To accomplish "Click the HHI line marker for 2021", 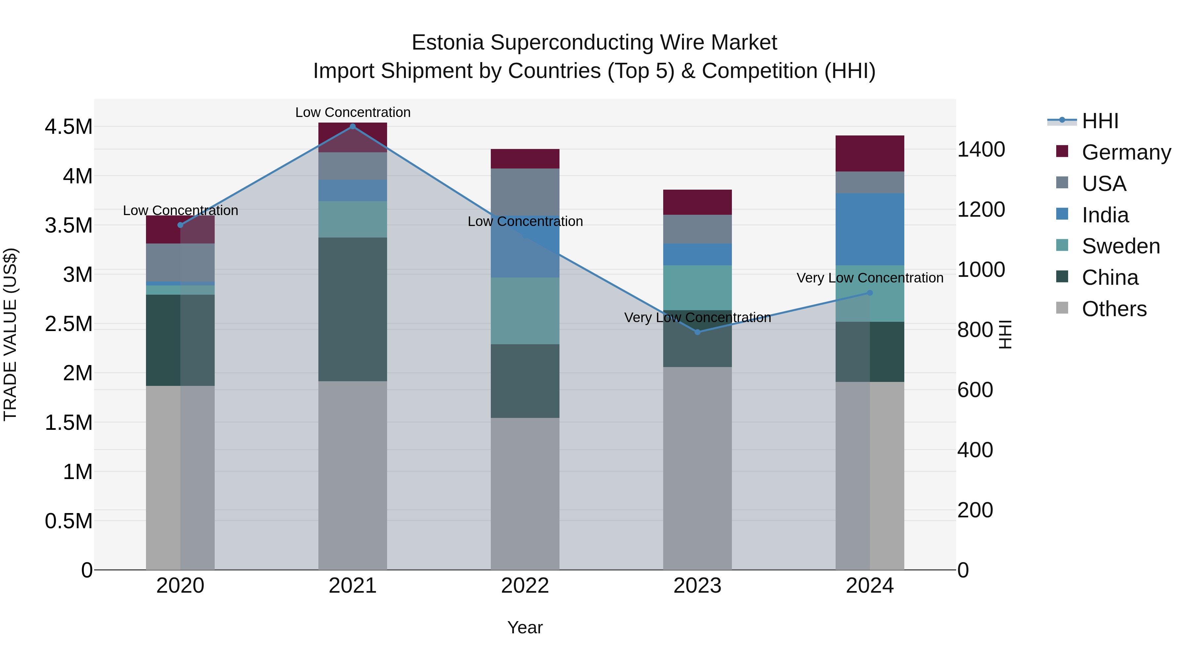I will tap(353, 127).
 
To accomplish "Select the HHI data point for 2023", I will tap(698, 332).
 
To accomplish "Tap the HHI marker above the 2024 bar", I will tap(870, 293).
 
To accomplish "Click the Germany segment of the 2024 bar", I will tap(870, 153).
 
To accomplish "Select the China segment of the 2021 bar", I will tap(353, 309).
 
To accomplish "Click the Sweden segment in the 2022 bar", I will tap(525, 311).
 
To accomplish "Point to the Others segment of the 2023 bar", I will tap(698, 468).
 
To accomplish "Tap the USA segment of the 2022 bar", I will tap(525, 192).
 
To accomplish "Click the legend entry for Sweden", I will tap(1120, 246).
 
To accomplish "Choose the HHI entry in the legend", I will tap(1099, 121).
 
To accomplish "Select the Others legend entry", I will tap(1114, 309).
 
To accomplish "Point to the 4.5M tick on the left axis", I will tap(68, 127).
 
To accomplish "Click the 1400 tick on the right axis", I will tap(981, 150).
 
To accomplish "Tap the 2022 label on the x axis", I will tap(525, 586).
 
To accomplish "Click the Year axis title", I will tap(525, 627).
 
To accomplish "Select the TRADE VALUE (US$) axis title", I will tap(10, 334).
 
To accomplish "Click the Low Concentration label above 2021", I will tap(353, 112).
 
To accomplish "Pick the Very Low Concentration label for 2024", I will tap(870, 278).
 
